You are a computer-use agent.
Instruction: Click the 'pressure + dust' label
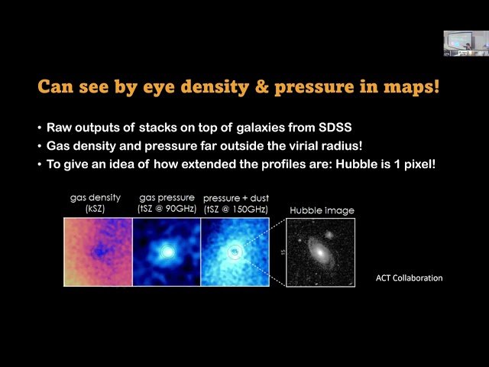235,197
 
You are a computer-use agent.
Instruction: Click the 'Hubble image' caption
322,210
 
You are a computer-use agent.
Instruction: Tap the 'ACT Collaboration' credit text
409,278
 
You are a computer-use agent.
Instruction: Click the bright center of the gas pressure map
167,251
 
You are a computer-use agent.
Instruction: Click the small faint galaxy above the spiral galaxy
329,235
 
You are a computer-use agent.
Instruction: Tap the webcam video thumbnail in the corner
465,44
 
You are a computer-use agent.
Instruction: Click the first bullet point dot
40,128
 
